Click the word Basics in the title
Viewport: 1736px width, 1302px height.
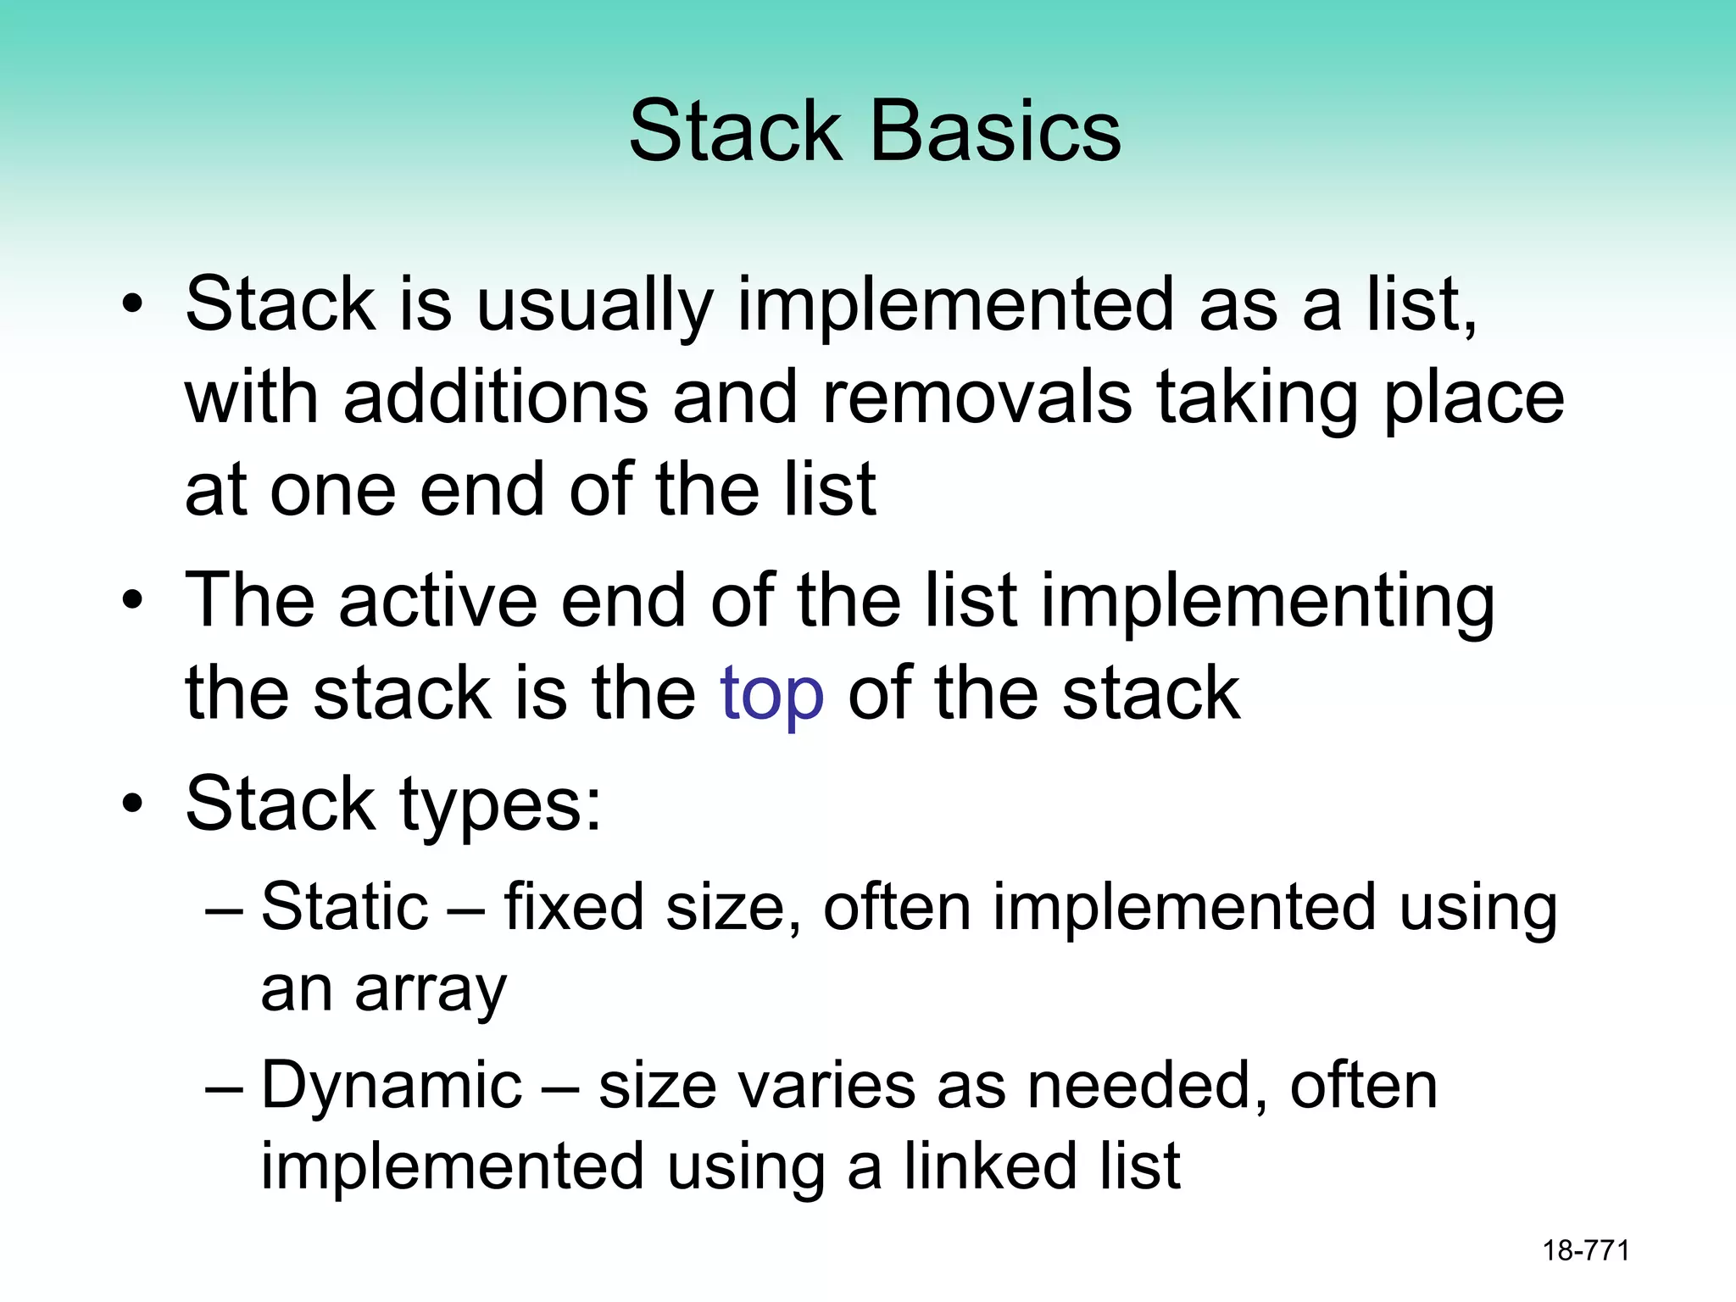click(x=995, y=131)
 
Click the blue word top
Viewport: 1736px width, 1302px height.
click(x=771, y=693)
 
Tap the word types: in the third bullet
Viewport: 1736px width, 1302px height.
click(x=500, y=805)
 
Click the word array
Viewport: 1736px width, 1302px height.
click(x=431, y=990)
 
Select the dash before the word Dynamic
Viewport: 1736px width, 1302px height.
click(x=225, y=1087)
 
